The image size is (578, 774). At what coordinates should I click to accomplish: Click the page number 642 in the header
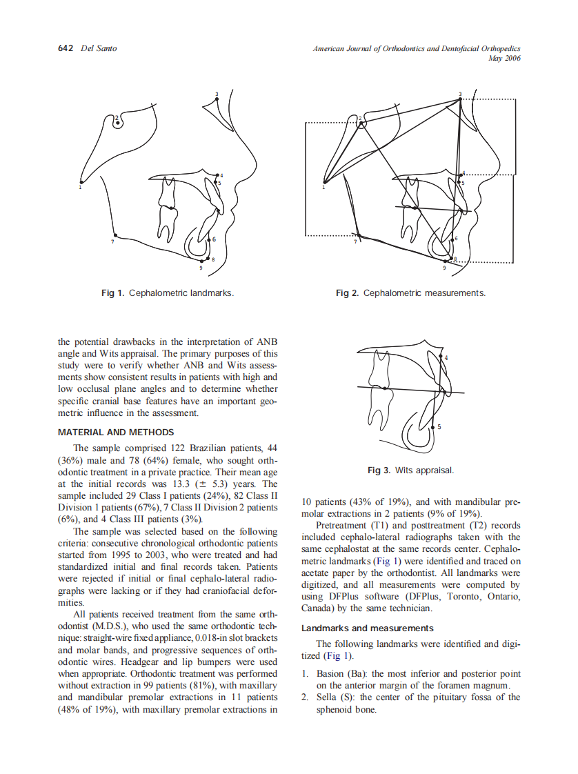click(x=65, y=48)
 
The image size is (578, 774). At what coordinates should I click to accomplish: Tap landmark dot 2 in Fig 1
click(x=119, y=123)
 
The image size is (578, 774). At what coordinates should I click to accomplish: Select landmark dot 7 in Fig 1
click(x=114, y=235)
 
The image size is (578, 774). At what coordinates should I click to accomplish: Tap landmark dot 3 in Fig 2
click(x=461, y=99)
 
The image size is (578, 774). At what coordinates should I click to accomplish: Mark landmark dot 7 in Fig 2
click(x=358, y=235)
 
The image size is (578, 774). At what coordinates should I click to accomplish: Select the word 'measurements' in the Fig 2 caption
click(x=455, y=293)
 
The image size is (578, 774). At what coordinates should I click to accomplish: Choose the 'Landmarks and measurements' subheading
click(x=368, y=628)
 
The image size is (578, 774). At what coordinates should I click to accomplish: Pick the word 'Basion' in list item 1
click(x=330, y=673)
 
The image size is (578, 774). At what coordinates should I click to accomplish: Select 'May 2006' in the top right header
click(x=504, y=59)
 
